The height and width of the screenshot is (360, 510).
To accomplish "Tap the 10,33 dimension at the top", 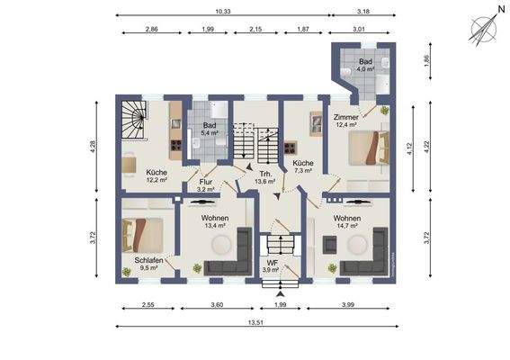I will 224,11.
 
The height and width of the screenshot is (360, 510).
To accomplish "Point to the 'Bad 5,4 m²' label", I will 209,130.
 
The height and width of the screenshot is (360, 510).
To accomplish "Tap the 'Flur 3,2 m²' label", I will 206,185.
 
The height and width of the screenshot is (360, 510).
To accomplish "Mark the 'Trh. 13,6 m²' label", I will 265,176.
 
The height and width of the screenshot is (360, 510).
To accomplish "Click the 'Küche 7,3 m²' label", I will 302,166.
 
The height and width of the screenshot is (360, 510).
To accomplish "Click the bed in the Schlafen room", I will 144,234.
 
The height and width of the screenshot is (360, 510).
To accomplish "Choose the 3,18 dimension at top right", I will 364,11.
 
